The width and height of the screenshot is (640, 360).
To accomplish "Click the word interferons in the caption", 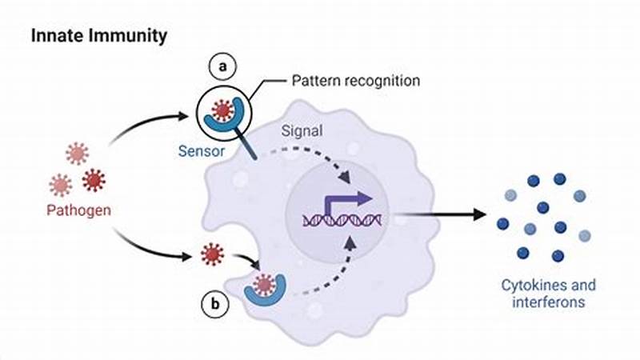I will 548,303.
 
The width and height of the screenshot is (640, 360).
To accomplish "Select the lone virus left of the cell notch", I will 212,254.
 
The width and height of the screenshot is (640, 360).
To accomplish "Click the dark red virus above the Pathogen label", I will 94,179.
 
